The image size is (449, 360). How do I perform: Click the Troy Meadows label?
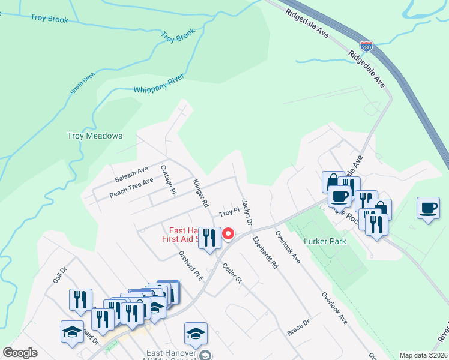point(94,136)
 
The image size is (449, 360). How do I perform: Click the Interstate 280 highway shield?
point(366,46)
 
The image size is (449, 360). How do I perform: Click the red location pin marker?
point(228,234)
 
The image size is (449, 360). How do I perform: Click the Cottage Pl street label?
point(167,179)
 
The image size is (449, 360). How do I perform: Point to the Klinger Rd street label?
point(200,193)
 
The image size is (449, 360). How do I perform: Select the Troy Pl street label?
point(229,212)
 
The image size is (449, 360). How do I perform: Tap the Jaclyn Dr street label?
point(246,212)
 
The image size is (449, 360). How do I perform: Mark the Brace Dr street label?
point(298,327)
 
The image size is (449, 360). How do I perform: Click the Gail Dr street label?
point(59,276)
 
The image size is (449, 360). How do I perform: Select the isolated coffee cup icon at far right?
point(428,208)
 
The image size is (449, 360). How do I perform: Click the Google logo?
point(20,353)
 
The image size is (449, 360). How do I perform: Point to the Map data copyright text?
point(423,355)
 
